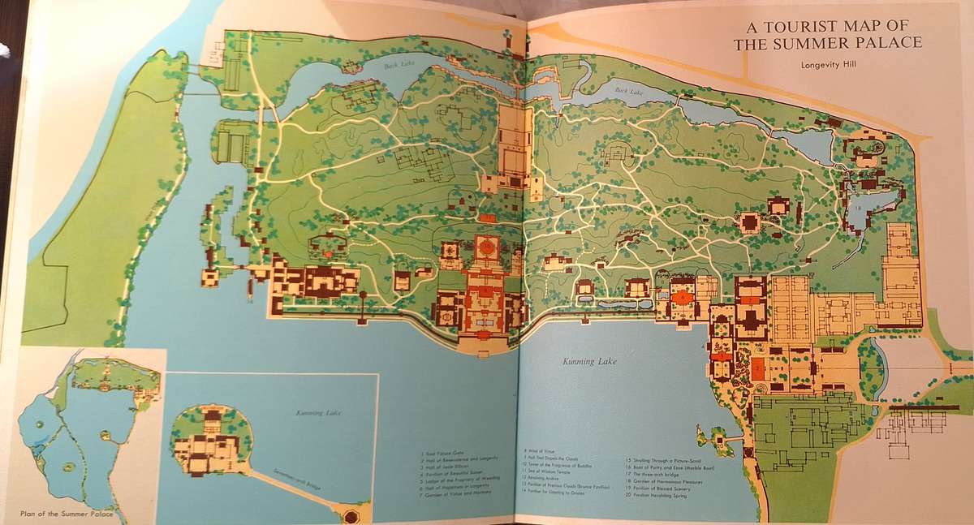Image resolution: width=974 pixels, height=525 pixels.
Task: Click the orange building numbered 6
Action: (x=684, y=297)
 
